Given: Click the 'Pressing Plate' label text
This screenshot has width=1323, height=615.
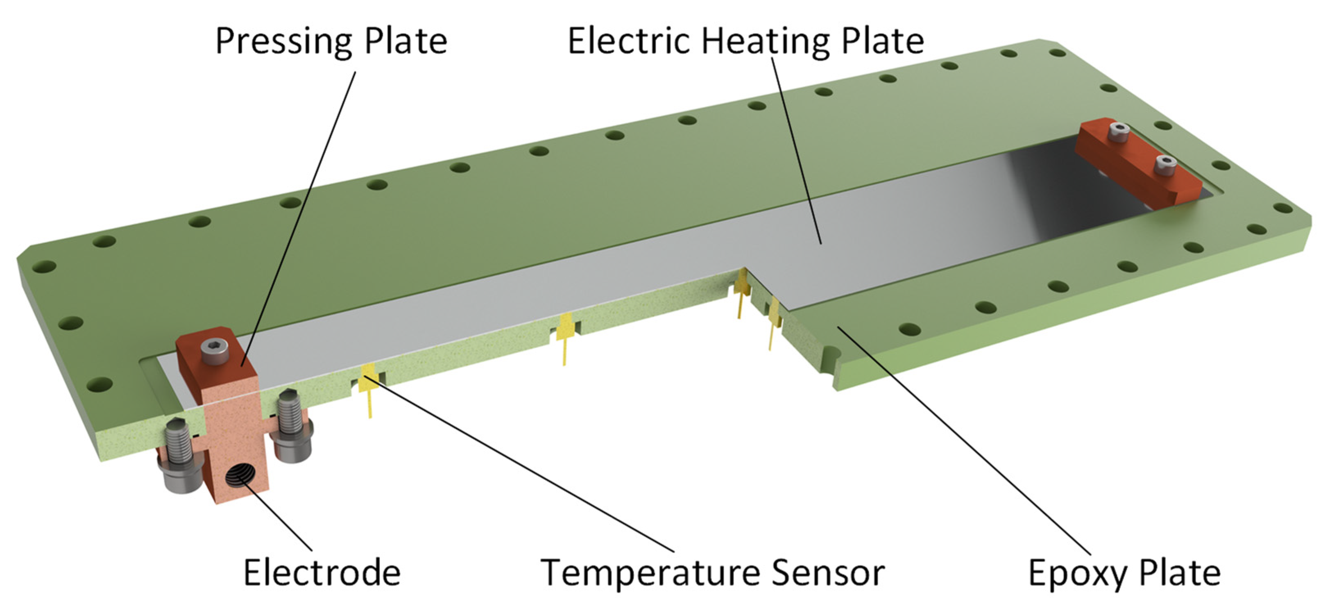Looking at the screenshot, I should coord(331,41).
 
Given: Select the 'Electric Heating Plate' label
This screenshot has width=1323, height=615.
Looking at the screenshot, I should coord(746,41).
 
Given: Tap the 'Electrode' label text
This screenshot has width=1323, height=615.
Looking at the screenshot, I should coord(322,572).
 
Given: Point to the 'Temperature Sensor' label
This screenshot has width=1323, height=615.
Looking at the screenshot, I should coord(713,572).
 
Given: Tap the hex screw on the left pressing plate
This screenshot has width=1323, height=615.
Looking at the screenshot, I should coord(215,352).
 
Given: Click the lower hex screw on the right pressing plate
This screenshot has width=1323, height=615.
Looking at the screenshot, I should coord(1165,166).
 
